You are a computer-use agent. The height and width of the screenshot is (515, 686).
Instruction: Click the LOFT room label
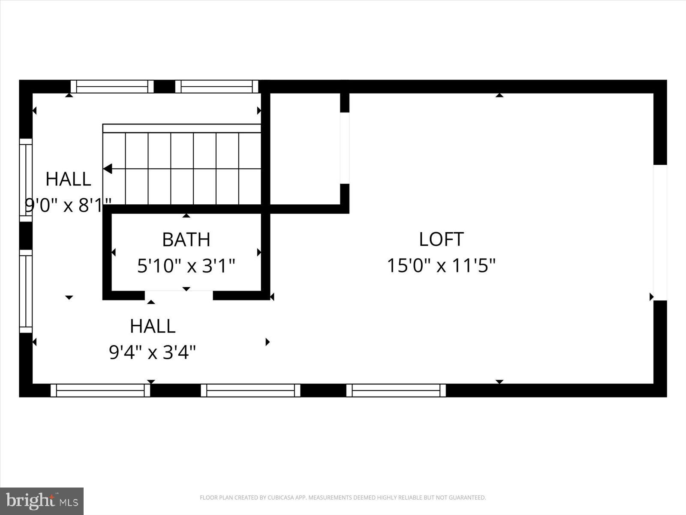(x=441, y=239)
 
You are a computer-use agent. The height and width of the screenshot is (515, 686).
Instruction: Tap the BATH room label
(x=186, y=239)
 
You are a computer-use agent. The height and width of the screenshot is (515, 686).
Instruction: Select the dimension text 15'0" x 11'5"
(x=441, y=266)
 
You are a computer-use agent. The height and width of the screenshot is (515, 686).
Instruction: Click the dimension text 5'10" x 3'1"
(x=186, y=266)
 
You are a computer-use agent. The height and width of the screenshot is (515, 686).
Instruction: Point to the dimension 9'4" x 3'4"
(x=153, y=353)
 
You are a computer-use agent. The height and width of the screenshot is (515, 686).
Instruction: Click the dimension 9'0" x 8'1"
(x=69, y=206)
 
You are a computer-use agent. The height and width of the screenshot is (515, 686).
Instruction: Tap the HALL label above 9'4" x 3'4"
(x=153, y=326)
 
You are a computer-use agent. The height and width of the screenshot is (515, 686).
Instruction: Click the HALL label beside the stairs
(x=68, y=179)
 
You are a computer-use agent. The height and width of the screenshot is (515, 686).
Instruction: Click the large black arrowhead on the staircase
(x=108, y=169)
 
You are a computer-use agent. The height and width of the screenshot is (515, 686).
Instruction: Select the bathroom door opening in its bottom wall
(x=179, y=295)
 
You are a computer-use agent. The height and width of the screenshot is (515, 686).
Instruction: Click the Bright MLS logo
(x=42, y=501)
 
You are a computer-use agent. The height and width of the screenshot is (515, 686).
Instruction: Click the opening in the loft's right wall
(x=660, y=232)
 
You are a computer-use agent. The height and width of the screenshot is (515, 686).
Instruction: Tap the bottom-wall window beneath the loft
(x=396, y=390)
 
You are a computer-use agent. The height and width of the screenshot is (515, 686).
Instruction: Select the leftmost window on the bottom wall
(x=100, y=390)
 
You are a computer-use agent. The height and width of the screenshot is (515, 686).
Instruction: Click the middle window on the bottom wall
(x=250, y=390)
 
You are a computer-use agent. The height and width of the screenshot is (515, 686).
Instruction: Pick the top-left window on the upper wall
(x=112, y=86)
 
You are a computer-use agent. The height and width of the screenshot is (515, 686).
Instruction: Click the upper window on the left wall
(x=26, y=180)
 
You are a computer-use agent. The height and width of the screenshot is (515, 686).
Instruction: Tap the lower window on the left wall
(x=26, y=291)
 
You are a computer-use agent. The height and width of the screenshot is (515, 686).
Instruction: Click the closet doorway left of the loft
(x=345, y=148)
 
